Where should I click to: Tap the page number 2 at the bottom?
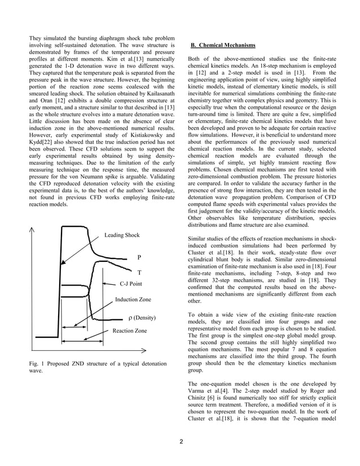(x=181, y=441)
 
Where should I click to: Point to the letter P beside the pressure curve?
(x=139, y=257)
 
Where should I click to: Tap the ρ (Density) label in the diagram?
(x=142, y=318)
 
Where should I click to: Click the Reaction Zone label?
(x=130, y=331)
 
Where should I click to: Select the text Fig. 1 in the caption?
(x=37, y=364)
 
